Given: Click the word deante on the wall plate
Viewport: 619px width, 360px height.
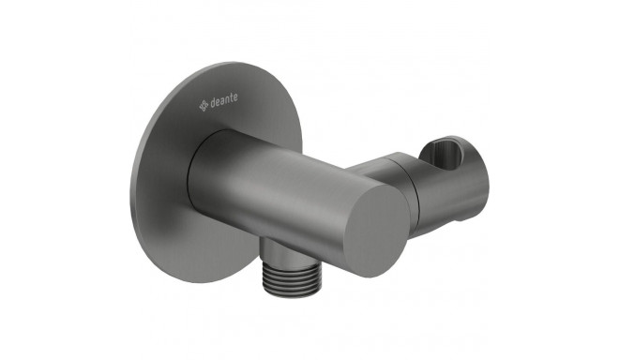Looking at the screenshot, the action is click(x=224, y=100).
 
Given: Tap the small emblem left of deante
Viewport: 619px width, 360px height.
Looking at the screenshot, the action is click(x=204, y=106).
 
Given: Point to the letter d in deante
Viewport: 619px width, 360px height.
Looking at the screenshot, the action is click(x=212, y=103).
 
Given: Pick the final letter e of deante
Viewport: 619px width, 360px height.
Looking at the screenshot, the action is click(x=235, y=97).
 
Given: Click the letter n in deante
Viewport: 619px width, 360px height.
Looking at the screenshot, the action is click(x=227, y=99).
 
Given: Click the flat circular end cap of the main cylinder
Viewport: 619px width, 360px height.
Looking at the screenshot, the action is click(x=377, y=231).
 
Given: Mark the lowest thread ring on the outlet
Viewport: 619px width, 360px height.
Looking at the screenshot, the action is click(x=290, y=292).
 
